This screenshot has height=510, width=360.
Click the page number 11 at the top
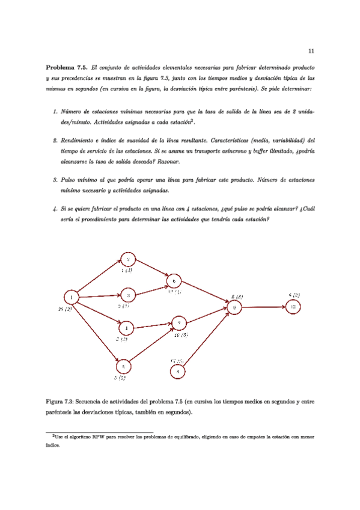311,51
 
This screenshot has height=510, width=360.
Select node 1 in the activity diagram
72,297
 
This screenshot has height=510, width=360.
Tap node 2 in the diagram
128,259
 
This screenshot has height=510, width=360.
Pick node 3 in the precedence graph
128,295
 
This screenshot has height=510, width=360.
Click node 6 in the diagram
174,281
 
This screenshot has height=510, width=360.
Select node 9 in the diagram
236,307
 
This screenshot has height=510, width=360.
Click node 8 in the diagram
178,371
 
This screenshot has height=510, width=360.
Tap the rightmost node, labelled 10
293,306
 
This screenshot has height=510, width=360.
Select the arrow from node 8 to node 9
207,339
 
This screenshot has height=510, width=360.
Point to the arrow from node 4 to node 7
153,326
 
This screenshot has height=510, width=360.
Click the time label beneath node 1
65,309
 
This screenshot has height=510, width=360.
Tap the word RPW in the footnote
91,437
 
